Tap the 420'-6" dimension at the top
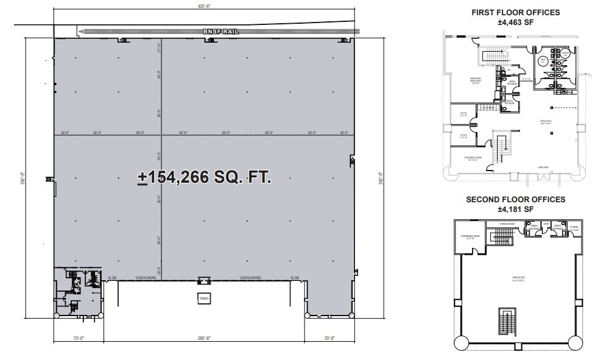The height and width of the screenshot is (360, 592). tap(203, 5)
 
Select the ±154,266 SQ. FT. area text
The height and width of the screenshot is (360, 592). tap(204, 177)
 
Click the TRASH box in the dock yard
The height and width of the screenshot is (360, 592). tap(203, 298)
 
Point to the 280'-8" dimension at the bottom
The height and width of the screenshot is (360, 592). tap(203, 338)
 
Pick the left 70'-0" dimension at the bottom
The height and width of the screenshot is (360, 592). tap(78, 338)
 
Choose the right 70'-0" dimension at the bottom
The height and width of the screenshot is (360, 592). tap(329, 338)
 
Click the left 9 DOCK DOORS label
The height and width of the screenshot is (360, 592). tap(146, 278)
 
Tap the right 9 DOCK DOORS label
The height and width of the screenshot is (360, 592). tap(250, 278)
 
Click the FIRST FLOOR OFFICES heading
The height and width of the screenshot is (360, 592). tap(515, 12)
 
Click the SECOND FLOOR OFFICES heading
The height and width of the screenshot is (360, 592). tap(515, 199)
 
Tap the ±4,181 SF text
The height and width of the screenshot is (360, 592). tap(515, 209)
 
